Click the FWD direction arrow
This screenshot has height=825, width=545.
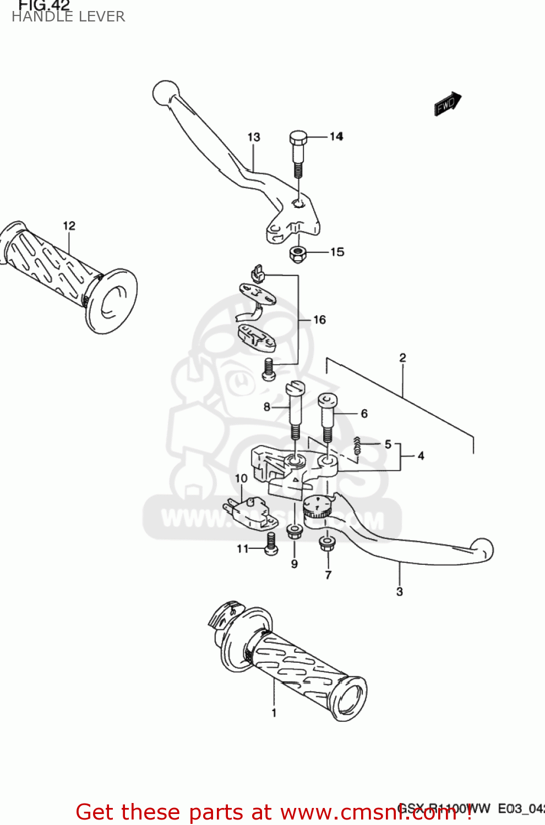pos(448,103)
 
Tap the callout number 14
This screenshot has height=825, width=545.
pos(336,136)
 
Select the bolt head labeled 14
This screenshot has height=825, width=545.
pos(298,138)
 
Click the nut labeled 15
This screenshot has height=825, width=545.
pos(298,254)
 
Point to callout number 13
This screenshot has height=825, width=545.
pos(253,137)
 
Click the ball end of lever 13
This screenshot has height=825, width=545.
pos(165,93)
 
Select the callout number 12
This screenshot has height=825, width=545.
pos(69,226)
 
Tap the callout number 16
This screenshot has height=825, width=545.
pos(319,320)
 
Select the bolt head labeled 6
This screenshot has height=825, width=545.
pos(328,400)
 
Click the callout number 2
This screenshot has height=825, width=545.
pos(402,358)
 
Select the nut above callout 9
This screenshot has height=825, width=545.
pos(294,531)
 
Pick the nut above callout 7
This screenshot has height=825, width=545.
pos(328,543)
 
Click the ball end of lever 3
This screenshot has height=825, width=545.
pos(483,549)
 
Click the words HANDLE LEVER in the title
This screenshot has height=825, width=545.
pos(68,16)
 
